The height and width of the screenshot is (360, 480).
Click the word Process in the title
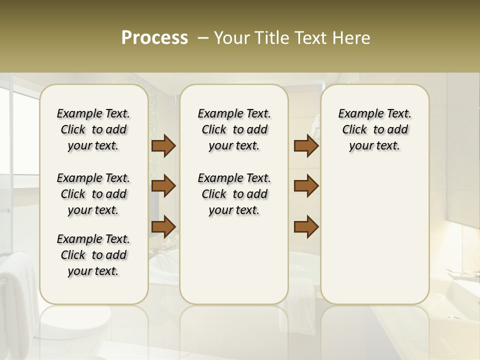pyautogui.click(x=154, y=38)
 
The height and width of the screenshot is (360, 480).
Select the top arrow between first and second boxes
pyautogui.click(x=163, y=146)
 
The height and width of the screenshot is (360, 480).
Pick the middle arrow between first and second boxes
pyautogui.click(x=163, y=186)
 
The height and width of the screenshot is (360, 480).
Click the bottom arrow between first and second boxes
pyautogui.click(x=163, y=226)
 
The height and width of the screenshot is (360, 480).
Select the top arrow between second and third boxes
pyautogui.click(x=306, y=146)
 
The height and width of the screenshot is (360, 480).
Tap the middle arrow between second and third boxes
pyautogui.click(x=306, y=186)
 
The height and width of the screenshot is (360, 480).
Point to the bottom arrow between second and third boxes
pyautogui.click(x=306, y=226)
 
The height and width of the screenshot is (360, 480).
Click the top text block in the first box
pyautogui.click(x=93, y=129)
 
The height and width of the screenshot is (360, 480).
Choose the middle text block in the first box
pyautogui.click(x=93, y=194)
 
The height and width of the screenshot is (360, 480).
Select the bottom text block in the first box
pyautogui.click(x=93, y=255)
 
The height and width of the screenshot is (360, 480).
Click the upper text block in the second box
pyautogui.click(x=234, y=129)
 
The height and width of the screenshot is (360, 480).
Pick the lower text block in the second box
pyautogui.click(x=234, y=194)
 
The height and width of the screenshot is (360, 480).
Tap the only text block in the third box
pyautogui.click(x=374, y=129)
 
